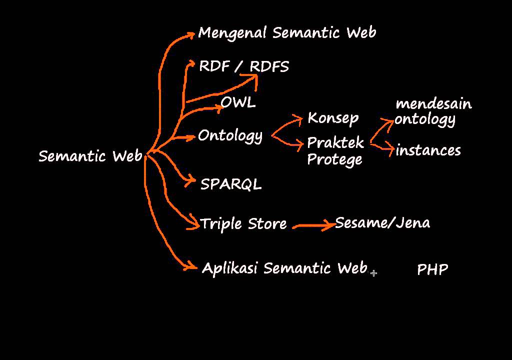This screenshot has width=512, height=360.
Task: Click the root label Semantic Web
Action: [90, 156]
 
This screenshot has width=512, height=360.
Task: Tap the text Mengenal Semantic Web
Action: [287, 33]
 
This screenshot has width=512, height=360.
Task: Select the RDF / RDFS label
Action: [244, 66]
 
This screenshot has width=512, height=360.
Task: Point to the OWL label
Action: [238, 102]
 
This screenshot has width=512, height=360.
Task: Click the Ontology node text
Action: [230, 136]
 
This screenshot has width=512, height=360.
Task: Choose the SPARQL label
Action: [231, 184]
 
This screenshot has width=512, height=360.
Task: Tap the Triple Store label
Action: [243, 223]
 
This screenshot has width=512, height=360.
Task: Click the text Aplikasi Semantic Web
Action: [284, 268]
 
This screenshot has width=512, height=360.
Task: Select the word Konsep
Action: [333, 118]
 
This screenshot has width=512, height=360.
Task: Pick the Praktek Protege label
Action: [335, 151]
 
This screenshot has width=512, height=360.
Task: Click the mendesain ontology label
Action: [433, 111]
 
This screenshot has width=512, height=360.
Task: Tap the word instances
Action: [428, 150]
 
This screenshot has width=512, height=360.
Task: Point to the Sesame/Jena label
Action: [382, 222]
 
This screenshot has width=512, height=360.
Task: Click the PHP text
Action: [432, 270]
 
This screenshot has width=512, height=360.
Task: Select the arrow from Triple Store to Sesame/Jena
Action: [314, 226]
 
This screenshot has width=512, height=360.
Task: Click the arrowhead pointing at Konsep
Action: [299, 119]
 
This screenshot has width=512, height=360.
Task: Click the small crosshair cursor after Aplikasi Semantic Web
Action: [373, 273]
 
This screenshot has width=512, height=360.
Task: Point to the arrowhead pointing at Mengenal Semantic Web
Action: [190, 34]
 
